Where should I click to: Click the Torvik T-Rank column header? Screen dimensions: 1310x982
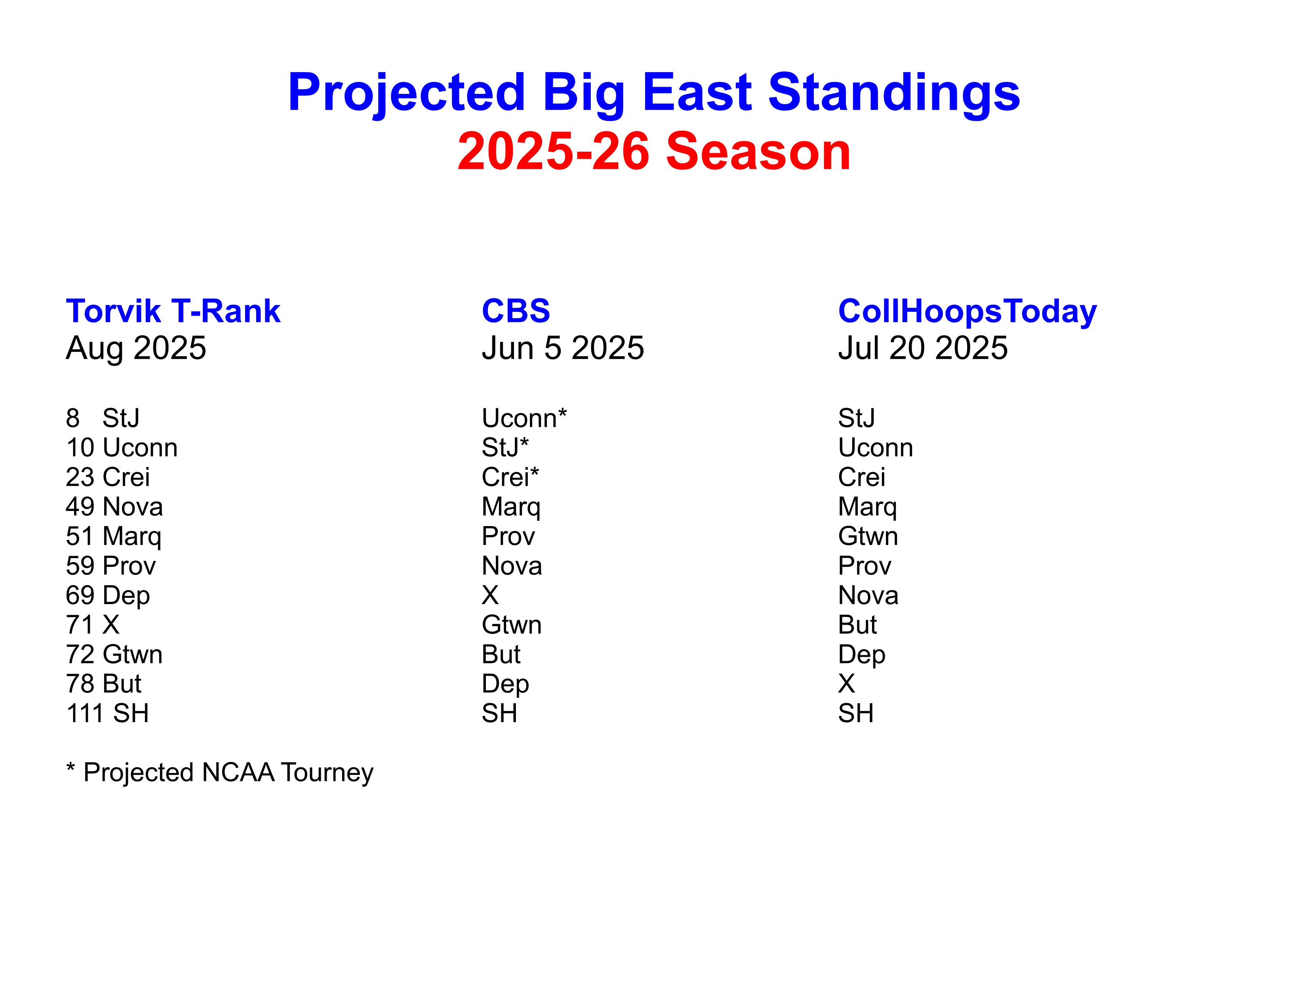[x=173, y=311]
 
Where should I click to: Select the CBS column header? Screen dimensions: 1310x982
[x=516, y=311]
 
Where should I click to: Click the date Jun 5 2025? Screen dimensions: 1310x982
[x=563, y=348]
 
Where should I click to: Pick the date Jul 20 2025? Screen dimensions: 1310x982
[x=923, y=348]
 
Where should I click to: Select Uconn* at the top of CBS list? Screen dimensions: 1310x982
[x=524, y=418]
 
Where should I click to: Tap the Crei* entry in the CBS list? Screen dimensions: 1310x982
[x=510, y=477]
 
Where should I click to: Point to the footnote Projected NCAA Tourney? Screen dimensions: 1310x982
[x=228, y=773]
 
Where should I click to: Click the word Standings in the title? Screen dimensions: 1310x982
[x=894, y=93]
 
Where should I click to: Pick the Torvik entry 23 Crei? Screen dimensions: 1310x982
[x=108, y=477]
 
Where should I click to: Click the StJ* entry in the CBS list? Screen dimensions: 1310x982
[x=505, y=448]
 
